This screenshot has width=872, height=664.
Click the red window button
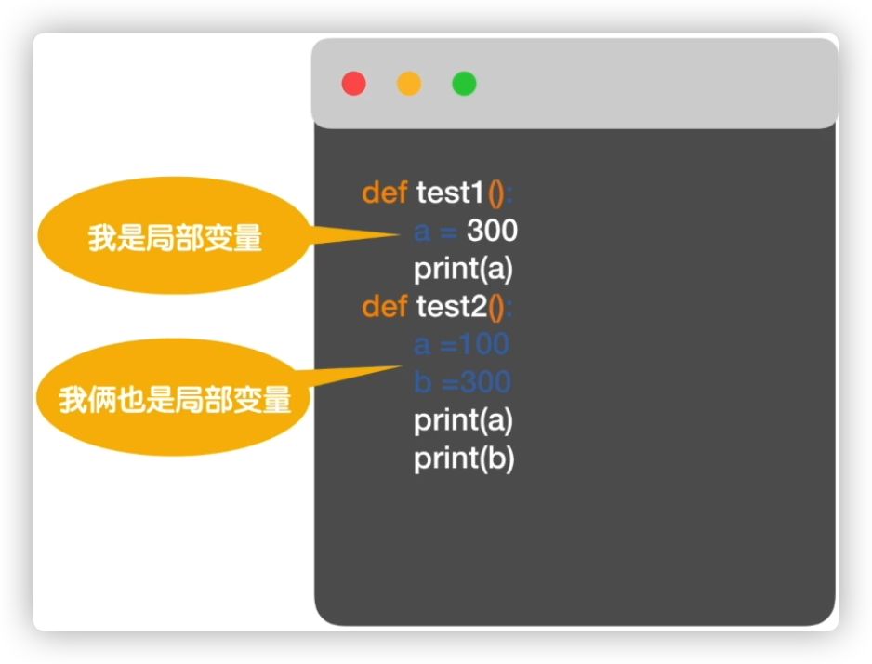(x=353, y=84)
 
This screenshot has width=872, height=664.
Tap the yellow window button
(x=409, y=84)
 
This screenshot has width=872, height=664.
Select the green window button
(x=464, y=84)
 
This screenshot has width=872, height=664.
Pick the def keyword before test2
(x=384, y=306)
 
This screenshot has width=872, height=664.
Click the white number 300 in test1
(x=492, y=231)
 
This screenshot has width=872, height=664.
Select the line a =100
(x=461, y=344)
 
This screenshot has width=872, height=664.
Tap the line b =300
(x=462, y=382)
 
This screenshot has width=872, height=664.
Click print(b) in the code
(x=464, y=458)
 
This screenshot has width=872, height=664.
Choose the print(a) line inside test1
(x=463, y=269)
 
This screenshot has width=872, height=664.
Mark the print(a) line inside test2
(x=463, y=420)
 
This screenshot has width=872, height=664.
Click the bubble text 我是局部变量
(x=175, y=239)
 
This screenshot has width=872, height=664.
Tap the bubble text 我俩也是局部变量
(x=175, y=400)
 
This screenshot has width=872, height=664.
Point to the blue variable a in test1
(x=423, y=231)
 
